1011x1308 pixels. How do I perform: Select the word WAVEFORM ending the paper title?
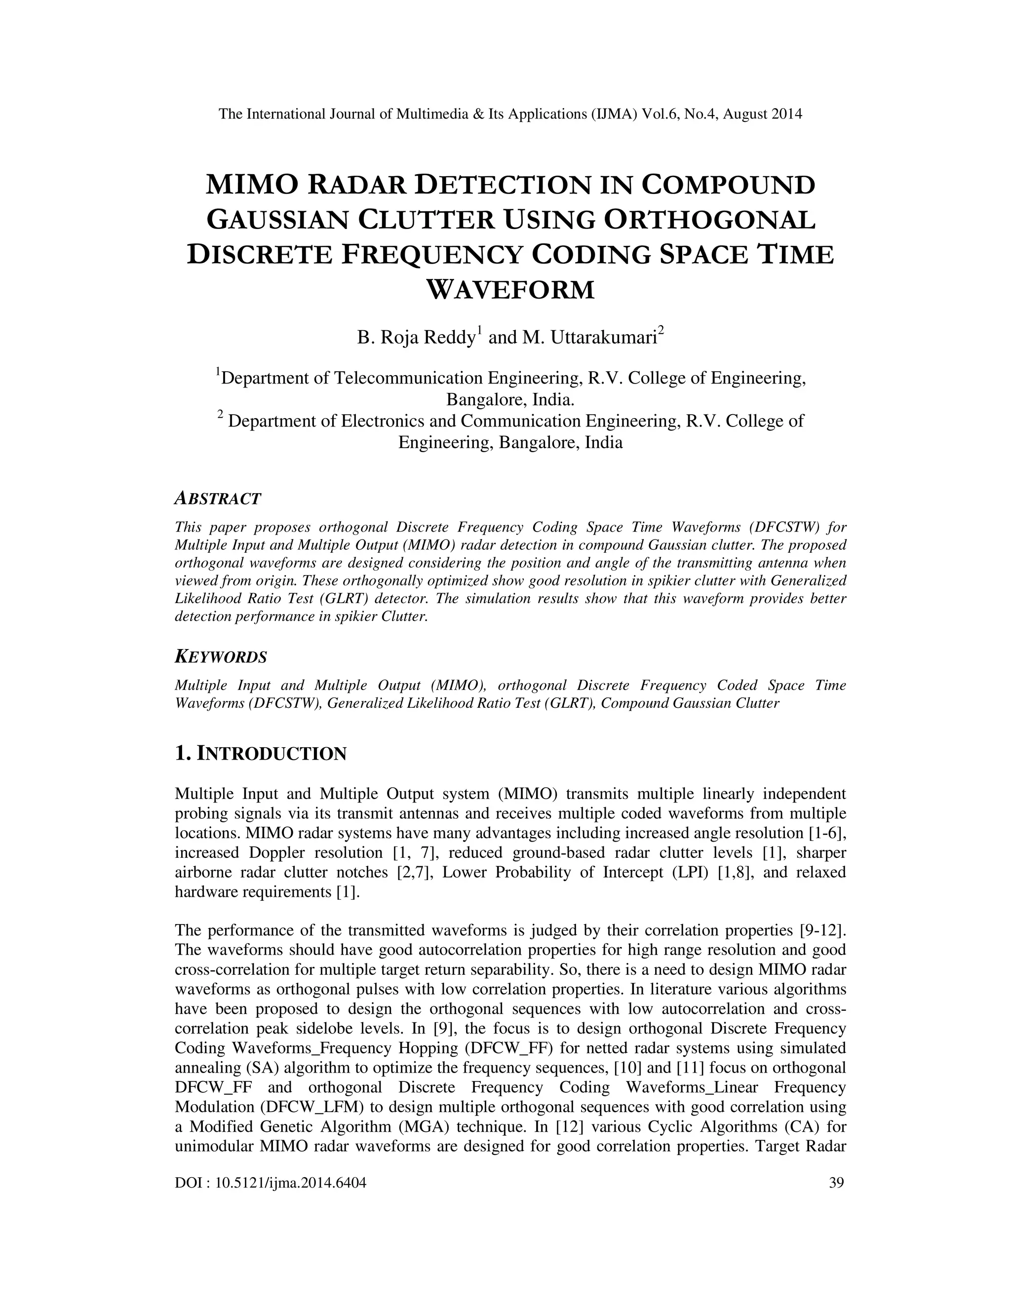510,290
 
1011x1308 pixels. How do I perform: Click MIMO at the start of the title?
252,185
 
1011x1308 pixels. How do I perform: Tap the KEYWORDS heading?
220,657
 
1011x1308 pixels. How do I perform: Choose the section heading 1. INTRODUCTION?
261,753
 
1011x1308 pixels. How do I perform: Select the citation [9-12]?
822,930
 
